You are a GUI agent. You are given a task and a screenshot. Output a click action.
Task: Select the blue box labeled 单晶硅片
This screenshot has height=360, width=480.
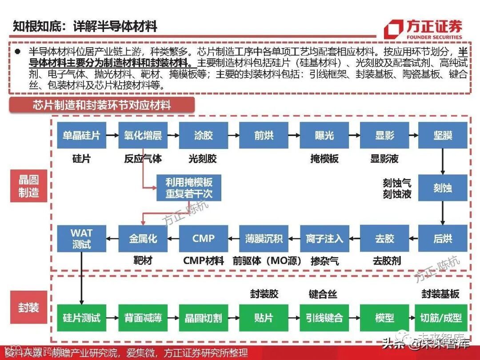81,136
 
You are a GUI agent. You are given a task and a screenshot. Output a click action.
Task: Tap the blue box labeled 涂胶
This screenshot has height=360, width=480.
204,136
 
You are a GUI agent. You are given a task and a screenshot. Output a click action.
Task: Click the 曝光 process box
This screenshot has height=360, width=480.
324,136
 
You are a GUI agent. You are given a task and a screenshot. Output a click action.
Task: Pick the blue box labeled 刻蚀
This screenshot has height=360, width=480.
443,188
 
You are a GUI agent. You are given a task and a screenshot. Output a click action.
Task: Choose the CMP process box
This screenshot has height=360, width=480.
204,239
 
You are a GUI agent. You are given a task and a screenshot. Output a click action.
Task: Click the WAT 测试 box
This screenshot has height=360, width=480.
81,239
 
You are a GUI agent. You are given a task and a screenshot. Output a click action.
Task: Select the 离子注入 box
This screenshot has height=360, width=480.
324,239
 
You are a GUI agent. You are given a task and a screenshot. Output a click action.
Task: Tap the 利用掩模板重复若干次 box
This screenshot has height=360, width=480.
189,188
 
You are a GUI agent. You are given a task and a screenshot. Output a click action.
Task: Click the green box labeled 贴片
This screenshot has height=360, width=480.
264,318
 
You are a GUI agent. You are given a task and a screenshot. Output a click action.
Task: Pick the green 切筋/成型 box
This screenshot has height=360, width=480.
441,318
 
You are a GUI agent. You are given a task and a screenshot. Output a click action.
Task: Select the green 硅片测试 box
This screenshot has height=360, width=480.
81,318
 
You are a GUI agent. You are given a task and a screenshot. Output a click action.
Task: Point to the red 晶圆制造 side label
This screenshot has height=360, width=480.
29,186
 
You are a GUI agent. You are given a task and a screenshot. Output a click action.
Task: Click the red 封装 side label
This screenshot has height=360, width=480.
29,308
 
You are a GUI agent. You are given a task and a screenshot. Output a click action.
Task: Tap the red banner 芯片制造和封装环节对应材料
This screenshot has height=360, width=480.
102,105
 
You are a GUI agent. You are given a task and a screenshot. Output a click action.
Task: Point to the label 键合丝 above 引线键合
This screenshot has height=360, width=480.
323,294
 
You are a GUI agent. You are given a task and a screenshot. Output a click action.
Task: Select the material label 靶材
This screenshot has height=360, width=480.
143,260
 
